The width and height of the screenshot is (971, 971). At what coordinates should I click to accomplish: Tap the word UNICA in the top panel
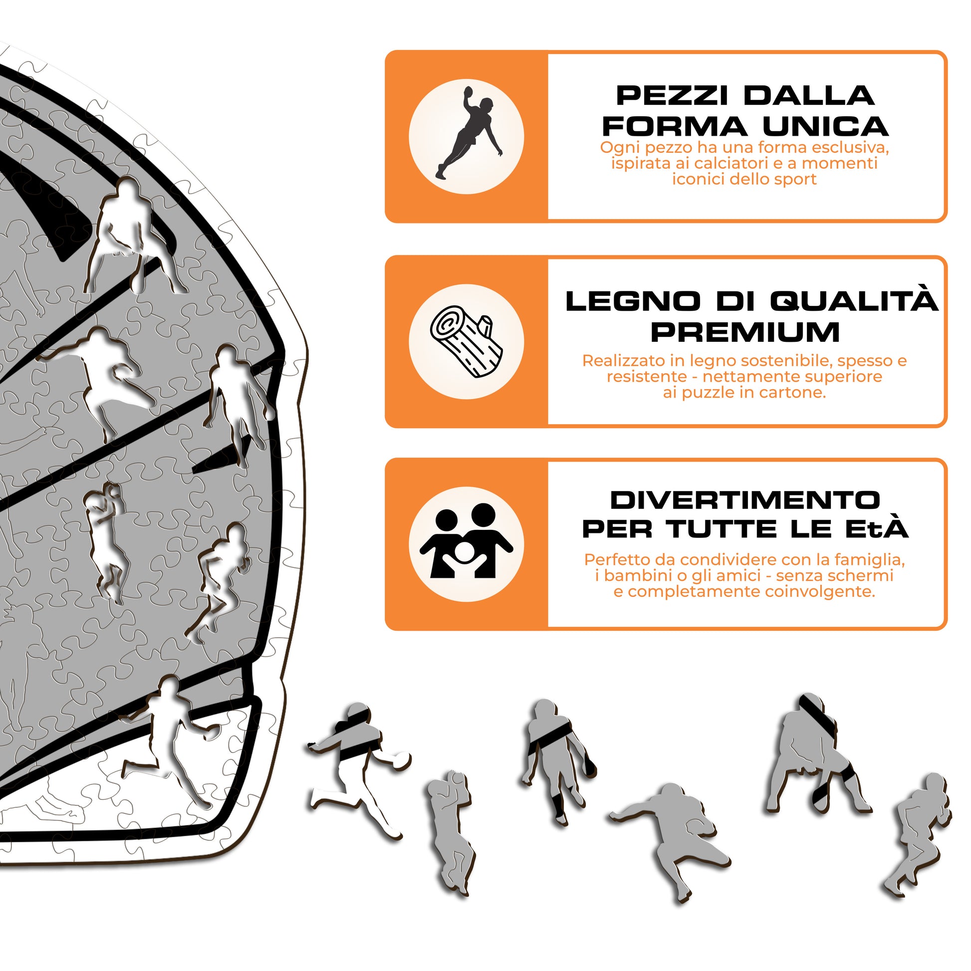point(826,126)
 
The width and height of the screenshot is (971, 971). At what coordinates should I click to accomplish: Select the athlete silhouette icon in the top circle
point(469,133)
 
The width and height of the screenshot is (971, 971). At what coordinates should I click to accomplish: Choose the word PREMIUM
point(745,332)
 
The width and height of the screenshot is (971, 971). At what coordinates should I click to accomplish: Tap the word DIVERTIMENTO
point(745,499)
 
